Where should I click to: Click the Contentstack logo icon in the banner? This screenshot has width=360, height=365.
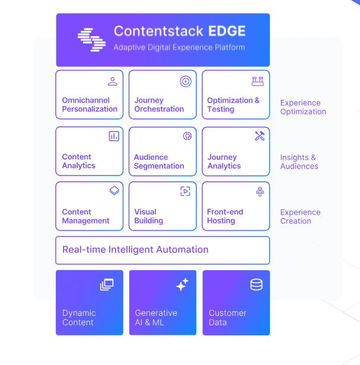[91, 40]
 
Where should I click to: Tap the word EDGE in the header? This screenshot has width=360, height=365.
[227, 31]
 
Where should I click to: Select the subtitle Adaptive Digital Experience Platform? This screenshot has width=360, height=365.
[179, 47]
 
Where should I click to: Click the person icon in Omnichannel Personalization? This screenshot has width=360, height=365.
[113, 81]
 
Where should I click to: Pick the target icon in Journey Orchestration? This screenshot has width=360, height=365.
[186, 82]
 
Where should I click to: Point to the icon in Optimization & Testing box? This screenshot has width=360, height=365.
[257, 81]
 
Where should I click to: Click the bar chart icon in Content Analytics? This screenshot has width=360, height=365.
[114, 136]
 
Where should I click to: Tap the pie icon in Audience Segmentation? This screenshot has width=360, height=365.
[187, 136]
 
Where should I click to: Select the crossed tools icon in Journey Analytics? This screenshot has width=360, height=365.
[260, 136]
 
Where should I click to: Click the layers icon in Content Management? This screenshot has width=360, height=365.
[114, 191]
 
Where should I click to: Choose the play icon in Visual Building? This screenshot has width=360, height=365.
[185, 191]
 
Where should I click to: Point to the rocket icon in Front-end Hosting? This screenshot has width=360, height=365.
[260, 191]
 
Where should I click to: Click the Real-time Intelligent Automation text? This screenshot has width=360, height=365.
[135, 250]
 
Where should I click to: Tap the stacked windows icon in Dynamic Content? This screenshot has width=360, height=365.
[107, 284]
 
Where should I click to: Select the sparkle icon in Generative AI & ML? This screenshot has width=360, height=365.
[182, 284]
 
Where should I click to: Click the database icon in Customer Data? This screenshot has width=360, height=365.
[256, 284]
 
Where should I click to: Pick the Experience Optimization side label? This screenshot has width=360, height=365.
[303, 107]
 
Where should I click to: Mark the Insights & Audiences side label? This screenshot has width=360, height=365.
[299, 162]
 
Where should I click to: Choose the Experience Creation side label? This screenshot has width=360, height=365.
[300, 216]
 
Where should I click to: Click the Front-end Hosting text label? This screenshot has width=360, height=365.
[225, 216]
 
